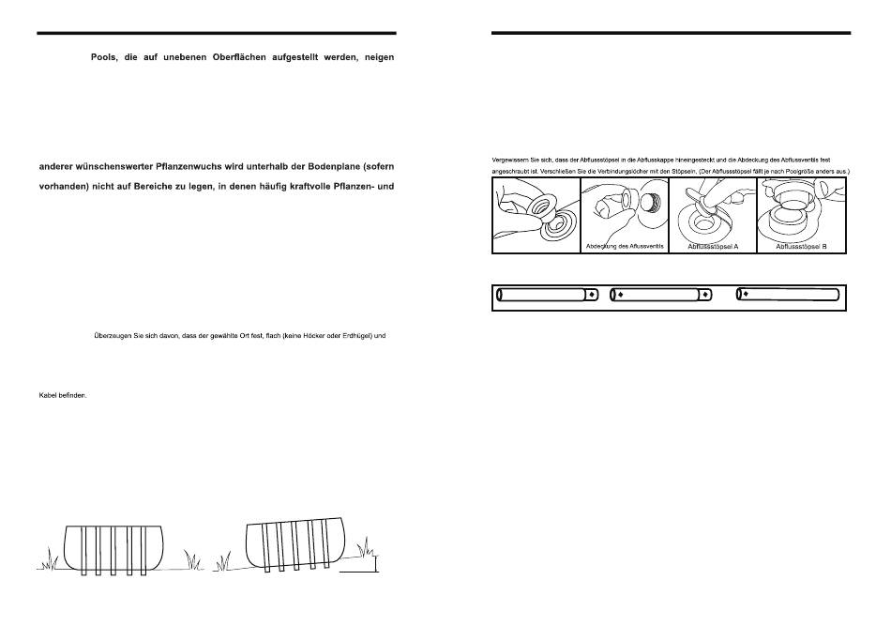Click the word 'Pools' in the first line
point(104,57)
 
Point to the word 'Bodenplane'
point(332,167)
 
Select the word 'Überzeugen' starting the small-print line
point(112,335)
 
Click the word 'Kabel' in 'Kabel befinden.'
point(48,395)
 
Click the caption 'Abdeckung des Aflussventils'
point(625,246)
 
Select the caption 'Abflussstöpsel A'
point(713,247)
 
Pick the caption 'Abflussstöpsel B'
point(801,247)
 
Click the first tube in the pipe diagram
point(547,295)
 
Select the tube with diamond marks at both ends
point(661,295)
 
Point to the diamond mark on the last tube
point(745,294)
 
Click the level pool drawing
point(113,550)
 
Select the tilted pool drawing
point(295,543)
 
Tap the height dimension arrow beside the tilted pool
point(375,563)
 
